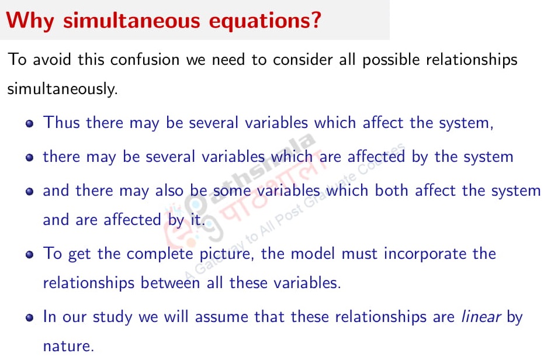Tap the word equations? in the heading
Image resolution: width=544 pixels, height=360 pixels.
point(274,21)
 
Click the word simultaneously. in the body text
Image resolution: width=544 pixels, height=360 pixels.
point(63,89)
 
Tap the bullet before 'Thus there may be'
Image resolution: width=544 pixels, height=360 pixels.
point(30,124)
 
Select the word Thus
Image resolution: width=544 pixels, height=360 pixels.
point(62,123)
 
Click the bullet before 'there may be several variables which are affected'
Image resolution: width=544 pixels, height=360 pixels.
point(30,158)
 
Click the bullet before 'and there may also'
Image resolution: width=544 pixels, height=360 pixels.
point(30,192)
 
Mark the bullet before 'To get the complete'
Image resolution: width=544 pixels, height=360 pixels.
point(30,255)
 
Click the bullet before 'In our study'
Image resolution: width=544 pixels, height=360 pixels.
point(30,319)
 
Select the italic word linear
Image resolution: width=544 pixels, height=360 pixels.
point(481,317)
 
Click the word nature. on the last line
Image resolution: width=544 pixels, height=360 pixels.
point(68,346)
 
